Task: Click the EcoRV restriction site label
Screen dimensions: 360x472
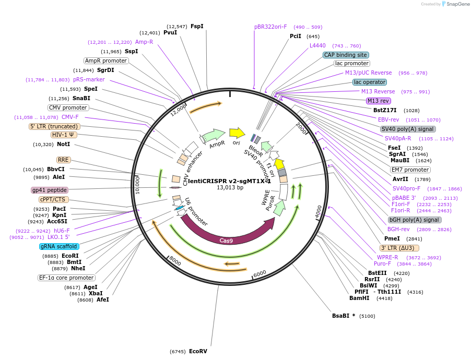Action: tap(198, 352)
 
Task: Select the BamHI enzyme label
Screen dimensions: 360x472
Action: tap(359, 298)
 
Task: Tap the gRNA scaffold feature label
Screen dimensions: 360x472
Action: tap(59, 246)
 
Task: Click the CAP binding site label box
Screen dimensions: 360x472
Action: tap(346, 55)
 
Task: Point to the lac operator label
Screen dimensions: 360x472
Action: tap(370, 82)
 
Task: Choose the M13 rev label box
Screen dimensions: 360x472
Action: tap(378, 101)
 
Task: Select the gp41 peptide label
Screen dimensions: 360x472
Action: tap(50, 190)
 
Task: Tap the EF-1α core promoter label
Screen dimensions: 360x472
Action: tap(67, 278)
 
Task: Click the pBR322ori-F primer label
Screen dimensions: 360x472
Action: tap(270, 27)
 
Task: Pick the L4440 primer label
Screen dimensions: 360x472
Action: tap(317, 45)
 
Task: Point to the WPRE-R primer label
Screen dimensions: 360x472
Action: tap(387, 257)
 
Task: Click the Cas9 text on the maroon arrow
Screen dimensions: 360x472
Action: tap(226, 241)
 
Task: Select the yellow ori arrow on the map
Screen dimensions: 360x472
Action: tap(237, 133)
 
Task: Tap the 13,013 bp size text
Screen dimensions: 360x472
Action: tap(230, 188)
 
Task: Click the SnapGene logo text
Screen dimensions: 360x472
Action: tap(457, 4)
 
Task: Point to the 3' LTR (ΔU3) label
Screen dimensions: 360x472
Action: tap(400, 248)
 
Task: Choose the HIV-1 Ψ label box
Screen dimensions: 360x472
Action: tap(64, 135)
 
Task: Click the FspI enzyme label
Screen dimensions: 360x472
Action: tap(197, 26)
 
